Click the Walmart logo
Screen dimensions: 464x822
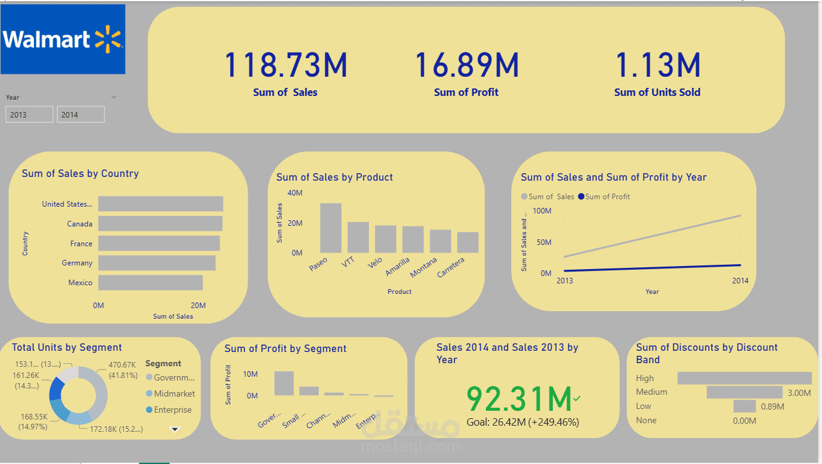click(63, 40)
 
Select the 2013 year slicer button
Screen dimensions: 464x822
click(29, 114)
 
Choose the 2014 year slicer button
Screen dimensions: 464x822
click(80, 114)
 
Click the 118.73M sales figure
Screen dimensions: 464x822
click(285, 66)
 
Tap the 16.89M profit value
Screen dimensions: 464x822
click(466, 66)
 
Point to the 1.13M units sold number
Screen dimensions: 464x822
click(657, 66)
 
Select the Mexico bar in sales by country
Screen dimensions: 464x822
click(150, 283)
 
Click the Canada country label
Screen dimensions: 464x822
click(80, 224)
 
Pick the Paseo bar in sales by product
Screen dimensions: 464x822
click(331, 228)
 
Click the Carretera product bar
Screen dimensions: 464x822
click(468, 242)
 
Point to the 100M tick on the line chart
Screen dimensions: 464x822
click(542, 211)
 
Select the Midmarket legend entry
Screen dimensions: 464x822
click(174, 393)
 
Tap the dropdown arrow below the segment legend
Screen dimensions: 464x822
click(175, 429)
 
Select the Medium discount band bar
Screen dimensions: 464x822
click(745, 392)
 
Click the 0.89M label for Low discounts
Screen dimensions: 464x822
click(772, 406)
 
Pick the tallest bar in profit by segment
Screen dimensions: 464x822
click(284, 383)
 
